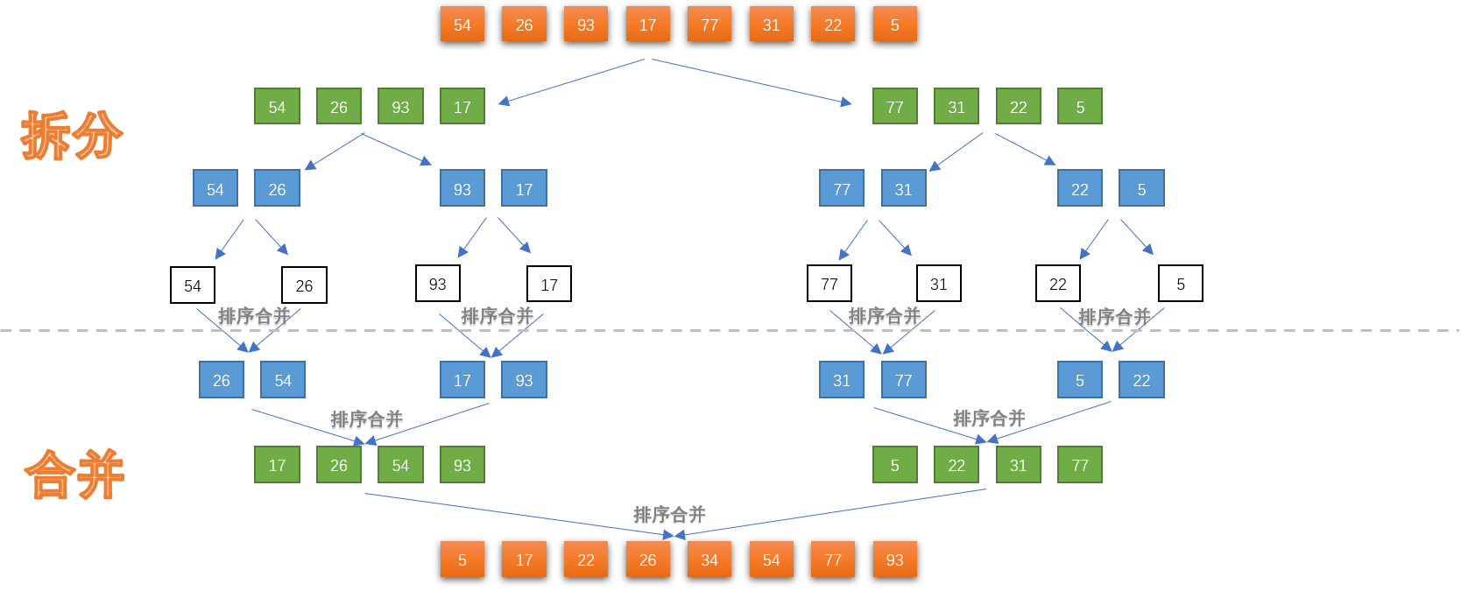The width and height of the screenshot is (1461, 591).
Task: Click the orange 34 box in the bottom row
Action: [x=709, y=559]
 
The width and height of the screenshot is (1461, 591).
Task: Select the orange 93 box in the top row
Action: [x=586, y=25]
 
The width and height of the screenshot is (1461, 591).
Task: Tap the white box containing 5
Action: [x=1180, y=284]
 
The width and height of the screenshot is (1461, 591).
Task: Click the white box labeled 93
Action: [x=438, y=284]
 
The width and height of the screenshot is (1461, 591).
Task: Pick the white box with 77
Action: [x=829, y=284]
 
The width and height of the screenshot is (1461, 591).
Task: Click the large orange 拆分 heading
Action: [x=72, y=136]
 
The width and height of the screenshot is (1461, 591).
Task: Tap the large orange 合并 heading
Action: [x=74, y=475]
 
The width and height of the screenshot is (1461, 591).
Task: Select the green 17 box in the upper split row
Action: [x=462, y=107]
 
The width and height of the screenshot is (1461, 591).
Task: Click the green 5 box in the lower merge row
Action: [x=894, y=465]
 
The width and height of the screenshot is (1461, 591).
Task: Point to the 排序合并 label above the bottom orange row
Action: [x=669, y=515]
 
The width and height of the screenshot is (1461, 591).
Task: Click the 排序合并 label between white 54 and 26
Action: [x=254, y=317]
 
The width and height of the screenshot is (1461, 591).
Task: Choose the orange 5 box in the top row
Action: [x=894, y=25]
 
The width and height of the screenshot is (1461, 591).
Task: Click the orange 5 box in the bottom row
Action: [x=462, y=559]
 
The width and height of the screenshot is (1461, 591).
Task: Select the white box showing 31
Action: [x=938, y=284]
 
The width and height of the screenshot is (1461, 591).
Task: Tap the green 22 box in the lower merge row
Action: [x=956, y=465]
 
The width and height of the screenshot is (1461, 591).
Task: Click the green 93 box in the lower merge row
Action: [x=462, y=465]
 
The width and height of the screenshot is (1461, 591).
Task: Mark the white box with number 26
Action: [x=304, y=285]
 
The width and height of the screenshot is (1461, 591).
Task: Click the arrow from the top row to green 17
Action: [x=571, y=81]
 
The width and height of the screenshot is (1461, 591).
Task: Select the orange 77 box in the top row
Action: [x=709, y=25]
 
